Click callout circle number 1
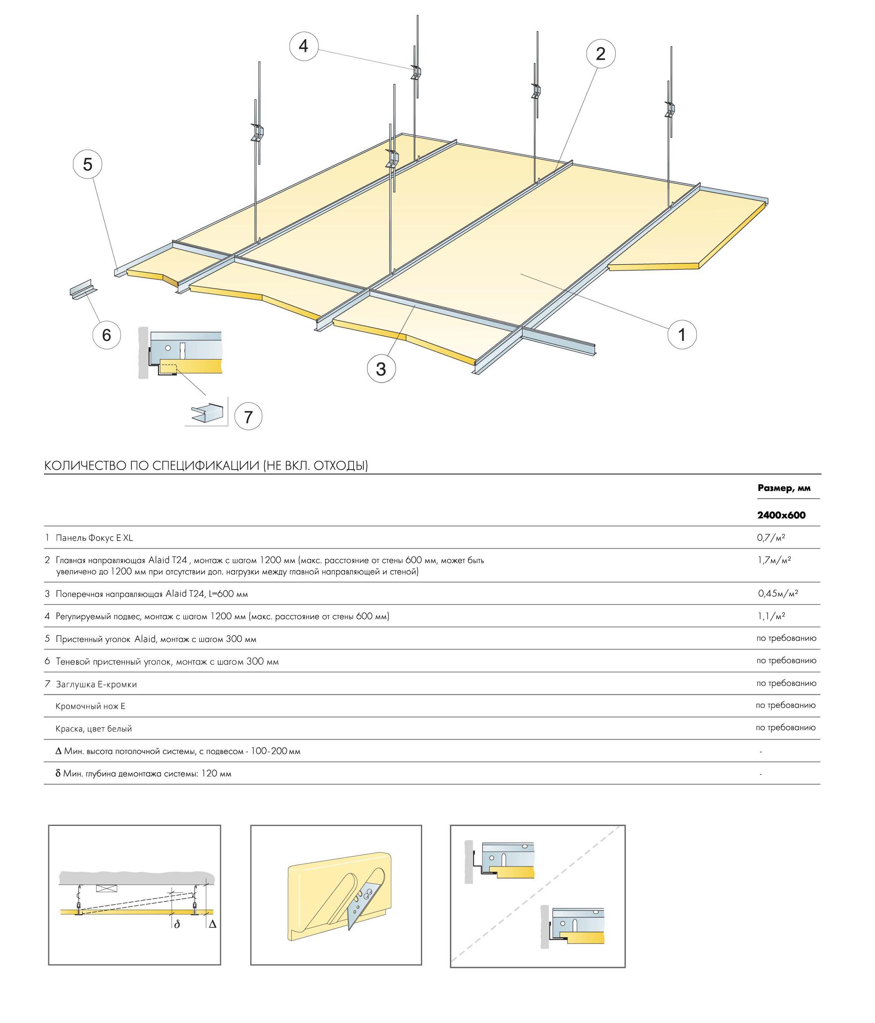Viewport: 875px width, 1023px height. tap(681, 335)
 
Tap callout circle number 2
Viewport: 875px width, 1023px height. tap(600, 53)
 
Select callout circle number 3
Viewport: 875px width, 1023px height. tap(381, 368)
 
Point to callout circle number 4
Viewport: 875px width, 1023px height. tap(303, 46)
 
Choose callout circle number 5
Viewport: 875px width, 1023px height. tap(87, 164)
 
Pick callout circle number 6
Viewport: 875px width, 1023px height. tap(107, 335)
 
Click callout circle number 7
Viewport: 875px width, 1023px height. tap(248, 417)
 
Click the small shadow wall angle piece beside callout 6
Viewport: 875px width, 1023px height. tap(83, 290)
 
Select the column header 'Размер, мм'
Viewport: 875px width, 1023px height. tap(784, 488)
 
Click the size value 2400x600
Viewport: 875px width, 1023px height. tap(781, 515)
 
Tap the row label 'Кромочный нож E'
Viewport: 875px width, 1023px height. tap(90, 706)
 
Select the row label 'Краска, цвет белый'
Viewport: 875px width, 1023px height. tap(93, 728)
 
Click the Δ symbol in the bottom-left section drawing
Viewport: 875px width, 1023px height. tap(212, 924)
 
